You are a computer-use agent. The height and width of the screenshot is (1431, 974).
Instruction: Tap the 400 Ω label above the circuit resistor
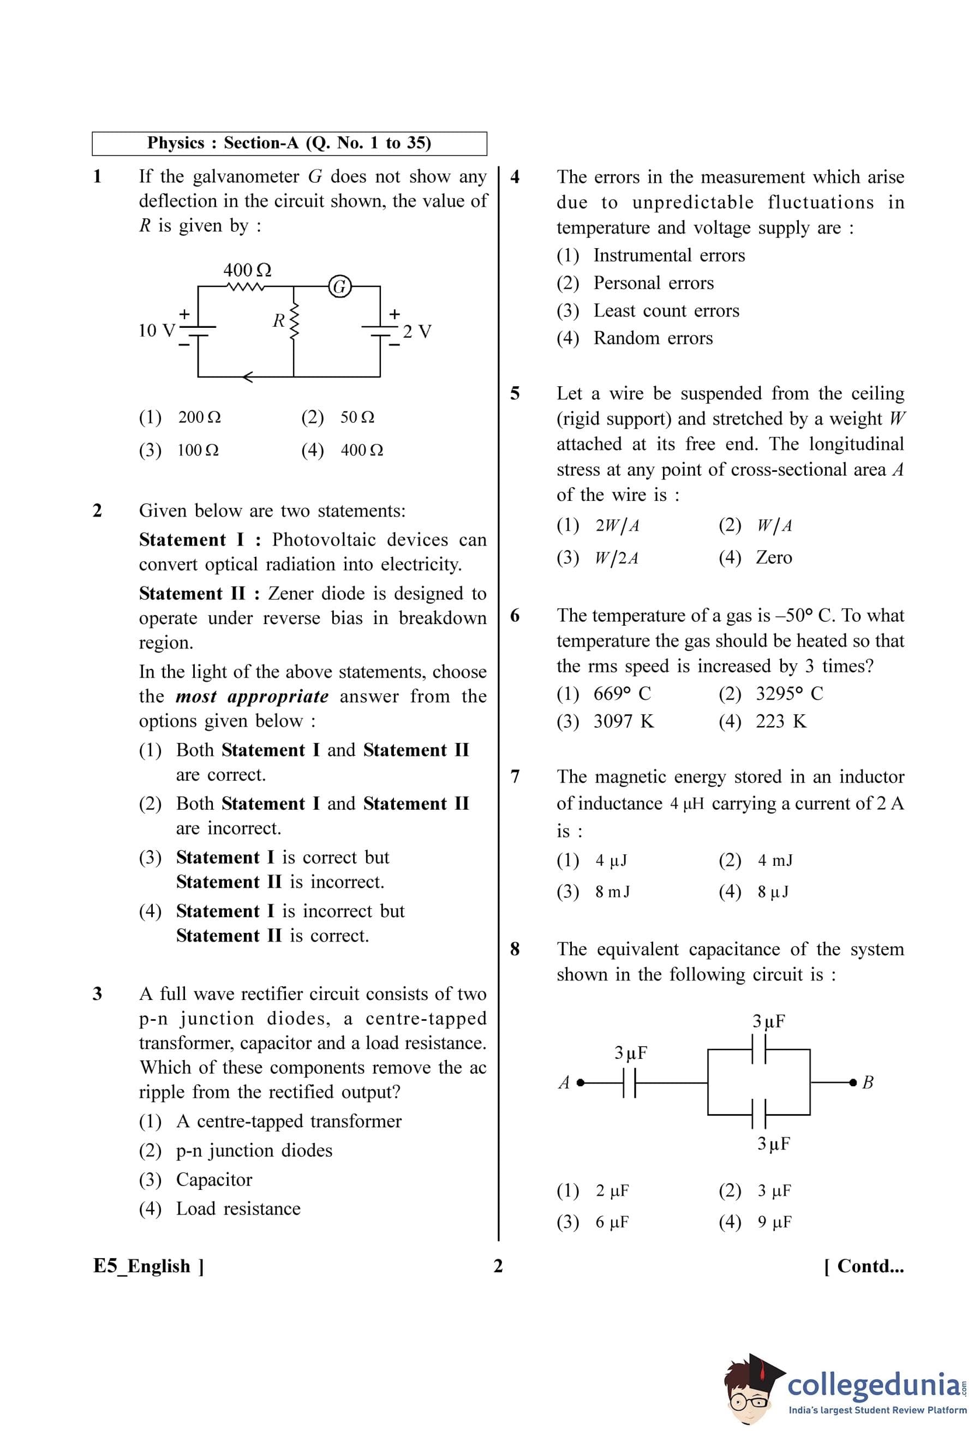247,270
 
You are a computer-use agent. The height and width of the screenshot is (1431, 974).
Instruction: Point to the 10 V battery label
157,331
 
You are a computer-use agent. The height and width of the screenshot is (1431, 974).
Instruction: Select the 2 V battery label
417,331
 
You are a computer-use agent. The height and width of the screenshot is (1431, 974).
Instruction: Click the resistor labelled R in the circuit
294,321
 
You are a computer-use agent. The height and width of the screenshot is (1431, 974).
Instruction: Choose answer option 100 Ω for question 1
198,450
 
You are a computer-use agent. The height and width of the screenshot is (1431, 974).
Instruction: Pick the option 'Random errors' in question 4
653,338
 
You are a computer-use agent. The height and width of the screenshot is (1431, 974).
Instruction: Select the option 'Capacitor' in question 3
214,1179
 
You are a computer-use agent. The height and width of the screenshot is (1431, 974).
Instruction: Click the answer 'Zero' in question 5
773,557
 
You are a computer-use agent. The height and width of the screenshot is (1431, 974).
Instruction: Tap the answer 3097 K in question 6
623,721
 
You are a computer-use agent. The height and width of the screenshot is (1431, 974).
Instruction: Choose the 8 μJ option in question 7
773,891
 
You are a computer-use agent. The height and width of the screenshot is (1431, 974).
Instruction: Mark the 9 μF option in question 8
774,1222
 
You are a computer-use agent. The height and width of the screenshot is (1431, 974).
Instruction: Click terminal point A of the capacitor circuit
580,1082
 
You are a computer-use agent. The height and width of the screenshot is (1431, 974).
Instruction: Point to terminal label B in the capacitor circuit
868,1082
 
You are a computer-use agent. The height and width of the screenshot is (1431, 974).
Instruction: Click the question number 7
515,776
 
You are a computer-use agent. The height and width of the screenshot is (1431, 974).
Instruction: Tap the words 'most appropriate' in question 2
252,697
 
